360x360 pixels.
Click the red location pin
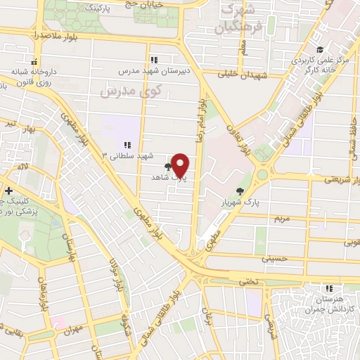click(x=180, y=165)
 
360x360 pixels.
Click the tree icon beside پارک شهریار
click(x=240, y=191)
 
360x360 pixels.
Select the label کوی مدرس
click(x=131, y=91)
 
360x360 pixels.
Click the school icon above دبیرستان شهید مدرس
click(x=154, y=60)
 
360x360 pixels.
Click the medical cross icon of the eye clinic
click(x=8, y=191)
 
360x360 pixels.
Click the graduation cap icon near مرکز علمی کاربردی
click(x=320, y=49)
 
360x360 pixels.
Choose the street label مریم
click(x=280, y=219)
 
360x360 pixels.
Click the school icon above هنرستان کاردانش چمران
click(x=328, y=288)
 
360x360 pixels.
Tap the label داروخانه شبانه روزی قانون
click(x=30, y=77)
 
